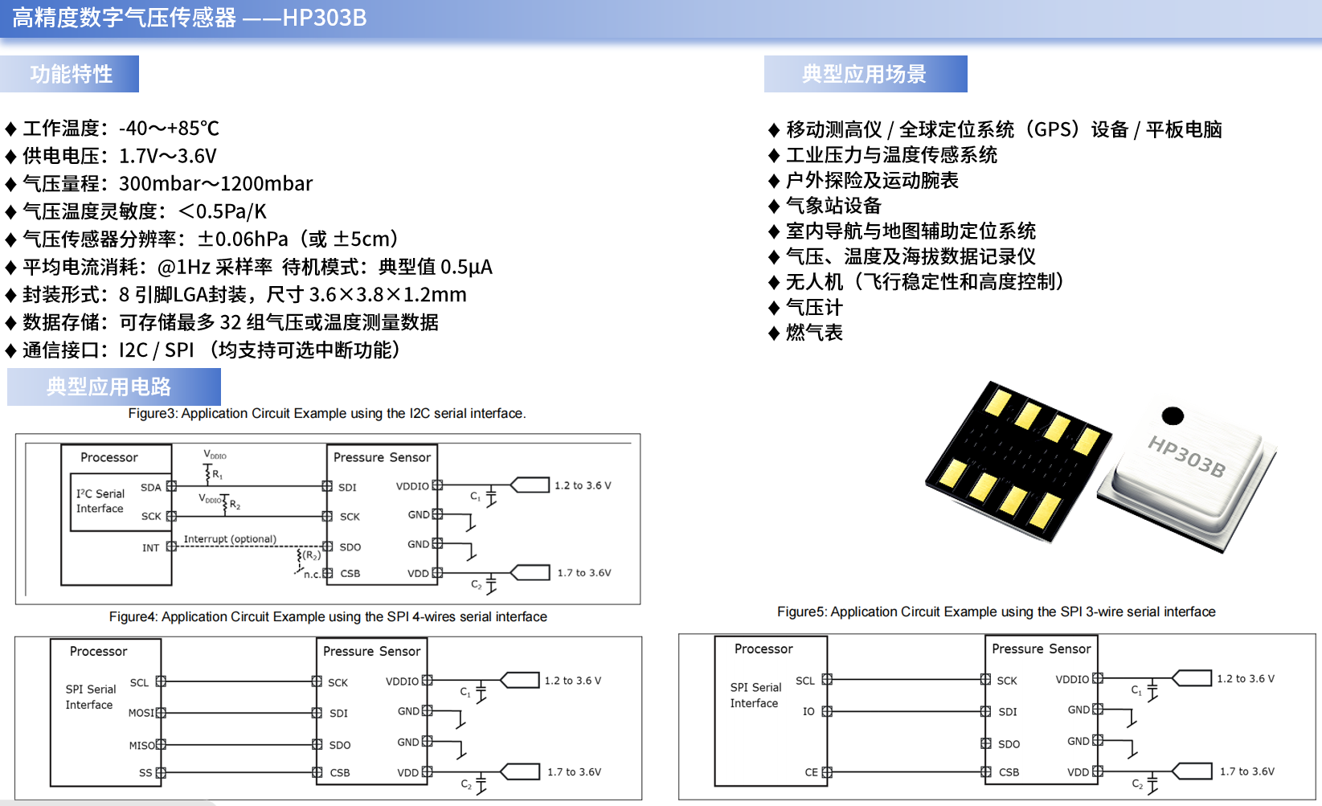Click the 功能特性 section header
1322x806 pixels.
point(71,74)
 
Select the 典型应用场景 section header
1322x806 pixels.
point(864,74)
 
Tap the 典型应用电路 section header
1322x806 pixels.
point(108,387)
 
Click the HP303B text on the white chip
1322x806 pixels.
point(1186,456)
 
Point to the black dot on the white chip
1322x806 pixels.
point(1173,415)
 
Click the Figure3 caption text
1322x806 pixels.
point(326,413)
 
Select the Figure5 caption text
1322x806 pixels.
point(996,612)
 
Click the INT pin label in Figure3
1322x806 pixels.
point(150,548)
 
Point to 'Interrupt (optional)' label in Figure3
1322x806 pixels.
point(230,539)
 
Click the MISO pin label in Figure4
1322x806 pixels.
point(141,745)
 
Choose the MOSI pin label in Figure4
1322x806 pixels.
point(141,713)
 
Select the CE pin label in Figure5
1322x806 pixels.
point(811,772)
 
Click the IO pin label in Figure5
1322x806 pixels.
point(808,711)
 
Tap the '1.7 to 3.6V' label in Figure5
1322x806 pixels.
point(1246,771)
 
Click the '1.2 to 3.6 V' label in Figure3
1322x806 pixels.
point(583,485)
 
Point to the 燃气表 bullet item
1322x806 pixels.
point(814,333)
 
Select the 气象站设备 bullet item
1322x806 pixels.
point(833,206)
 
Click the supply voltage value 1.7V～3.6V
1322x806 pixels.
point(168,156)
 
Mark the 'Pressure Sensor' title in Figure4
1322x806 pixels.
point(371,651)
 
